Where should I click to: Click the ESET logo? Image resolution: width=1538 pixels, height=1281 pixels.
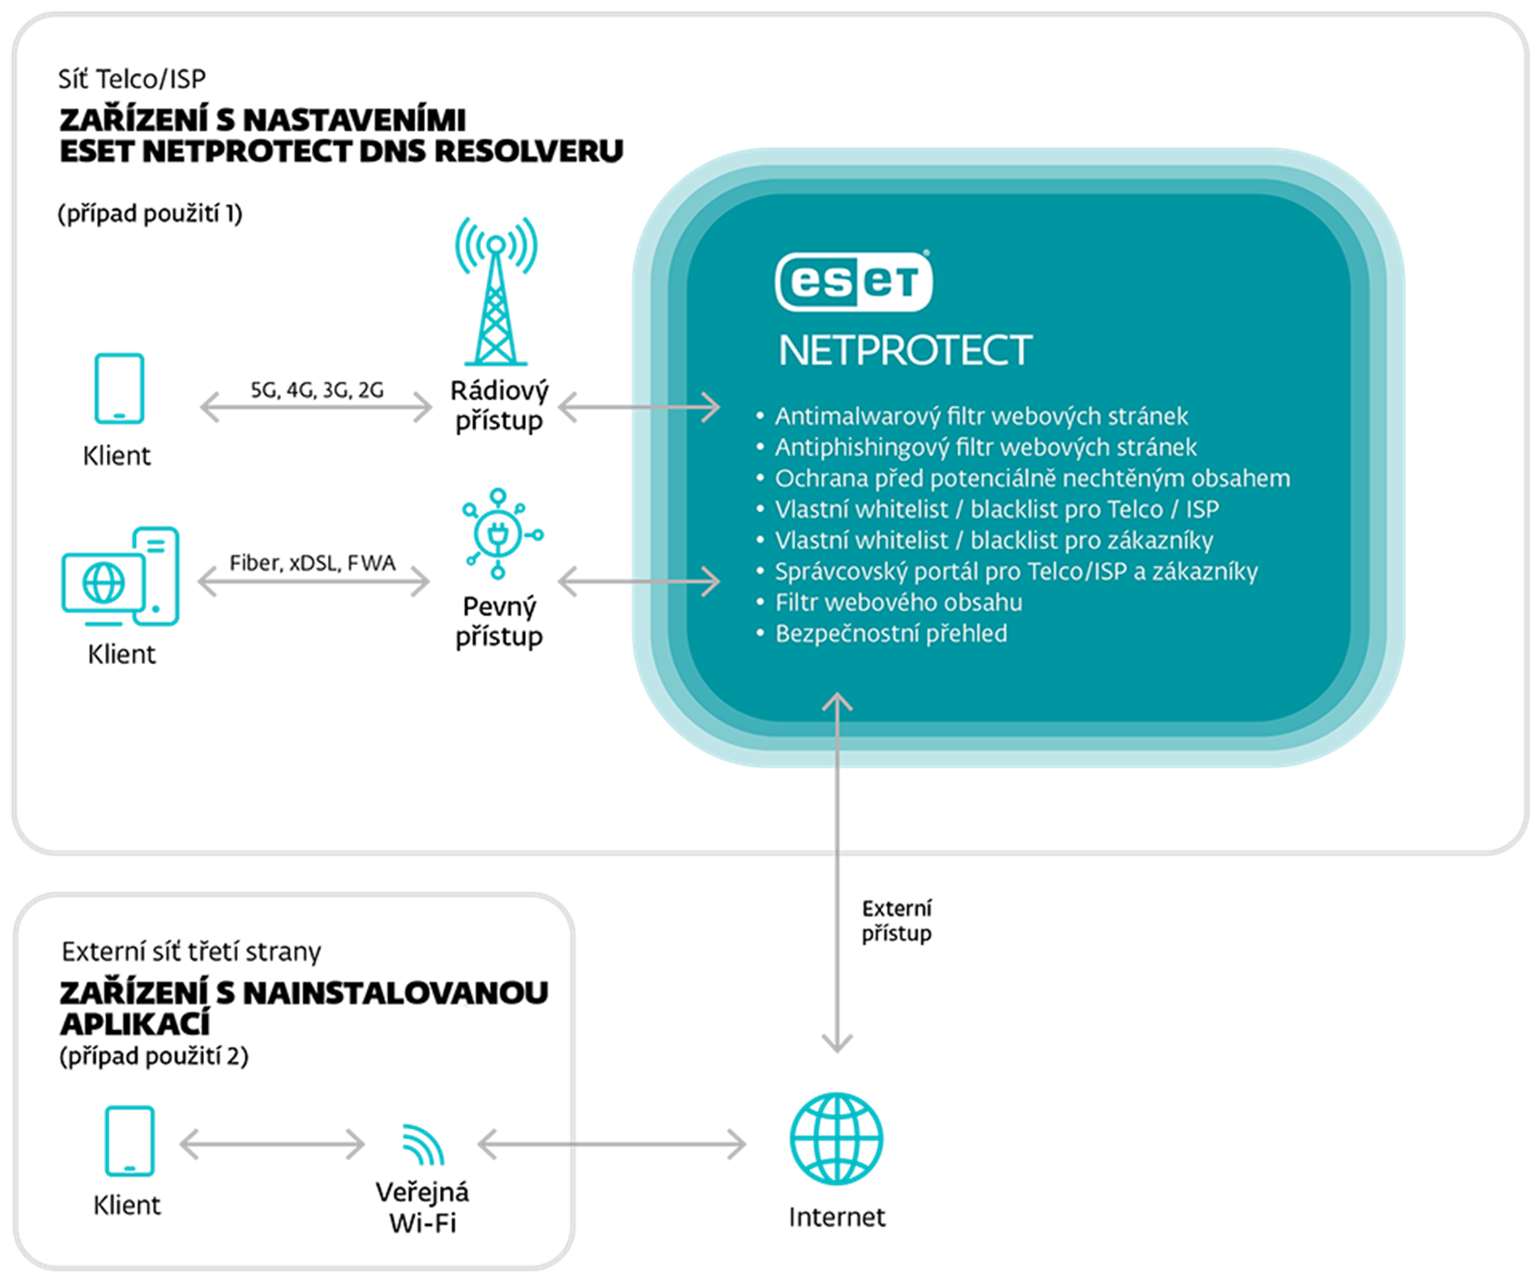tap(854, 281)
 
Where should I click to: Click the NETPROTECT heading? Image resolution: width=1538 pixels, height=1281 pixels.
tap(905, 350)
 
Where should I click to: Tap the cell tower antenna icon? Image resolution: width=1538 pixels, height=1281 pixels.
tap(496, 291)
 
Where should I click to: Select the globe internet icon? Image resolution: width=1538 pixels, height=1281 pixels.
tap(836, 1138)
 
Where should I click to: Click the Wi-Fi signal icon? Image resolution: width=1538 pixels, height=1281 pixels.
tap(423, 1144)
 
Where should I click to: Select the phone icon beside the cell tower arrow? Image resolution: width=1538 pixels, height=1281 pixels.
tap(120, 388)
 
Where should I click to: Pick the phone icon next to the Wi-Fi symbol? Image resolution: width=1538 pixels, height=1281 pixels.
tap(130, 1140)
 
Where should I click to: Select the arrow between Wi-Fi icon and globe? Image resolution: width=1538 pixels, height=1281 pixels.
tap(611, 1143)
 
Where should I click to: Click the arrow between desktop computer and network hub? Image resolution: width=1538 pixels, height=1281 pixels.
tap(315, 582)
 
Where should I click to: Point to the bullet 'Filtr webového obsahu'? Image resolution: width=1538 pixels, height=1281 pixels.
tap(898, 603)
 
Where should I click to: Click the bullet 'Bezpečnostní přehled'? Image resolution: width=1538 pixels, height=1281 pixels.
tap(891, 633)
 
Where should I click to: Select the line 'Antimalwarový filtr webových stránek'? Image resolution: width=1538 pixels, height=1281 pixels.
tap(982, 416)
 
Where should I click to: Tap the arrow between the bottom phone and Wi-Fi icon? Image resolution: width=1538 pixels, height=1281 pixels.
tap(272, 1143)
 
